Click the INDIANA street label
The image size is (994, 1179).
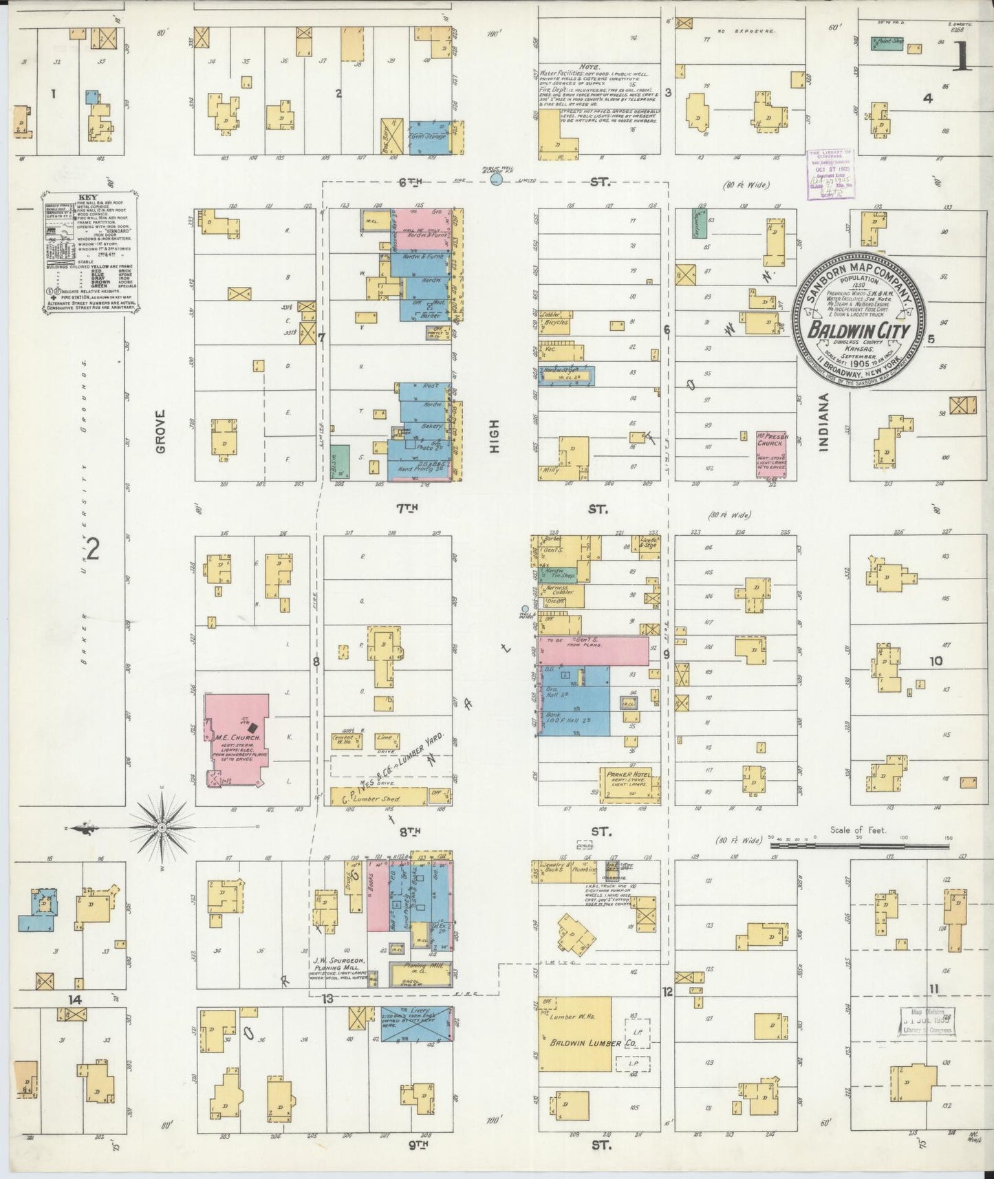point(823,426)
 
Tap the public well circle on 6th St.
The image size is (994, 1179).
point(497,180)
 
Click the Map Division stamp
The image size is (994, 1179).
point(927,1020)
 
